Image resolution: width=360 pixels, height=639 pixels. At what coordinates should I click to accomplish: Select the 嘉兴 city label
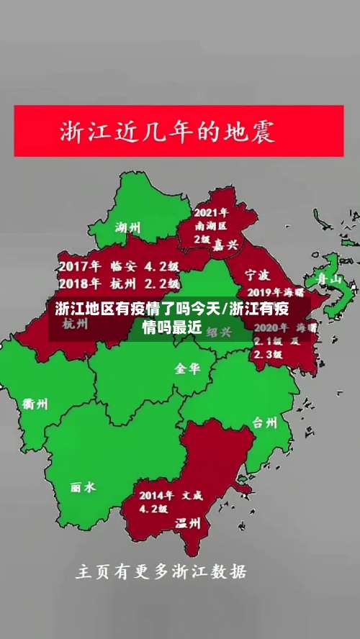(x=225, y=245)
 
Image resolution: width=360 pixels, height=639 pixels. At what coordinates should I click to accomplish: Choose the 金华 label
(x=187, y=368)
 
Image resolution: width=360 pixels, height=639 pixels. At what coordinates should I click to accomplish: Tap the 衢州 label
(x=35, y=404)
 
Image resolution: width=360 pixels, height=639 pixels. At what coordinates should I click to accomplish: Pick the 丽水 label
(x=83, y=487)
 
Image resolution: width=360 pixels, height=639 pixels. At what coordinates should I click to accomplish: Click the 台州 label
(x=264, y=422)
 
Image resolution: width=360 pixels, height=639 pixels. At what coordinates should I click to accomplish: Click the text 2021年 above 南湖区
(x=212, y=212)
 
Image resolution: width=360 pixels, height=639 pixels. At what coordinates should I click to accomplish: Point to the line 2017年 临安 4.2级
(x=119, y=266)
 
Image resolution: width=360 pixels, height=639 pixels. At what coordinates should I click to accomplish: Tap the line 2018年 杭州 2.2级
(x=119, y=282)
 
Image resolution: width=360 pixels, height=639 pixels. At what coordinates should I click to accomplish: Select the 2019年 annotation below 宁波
(x=274, y=293)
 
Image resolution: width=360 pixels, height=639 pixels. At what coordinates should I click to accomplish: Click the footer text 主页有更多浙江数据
(x=161, y=572)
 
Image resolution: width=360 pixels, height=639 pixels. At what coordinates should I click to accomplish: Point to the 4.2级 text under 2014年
(x=153, y=509)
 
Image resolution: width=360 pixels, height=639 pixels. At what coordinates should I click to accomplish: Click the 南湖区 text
(x=211, y=225)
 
